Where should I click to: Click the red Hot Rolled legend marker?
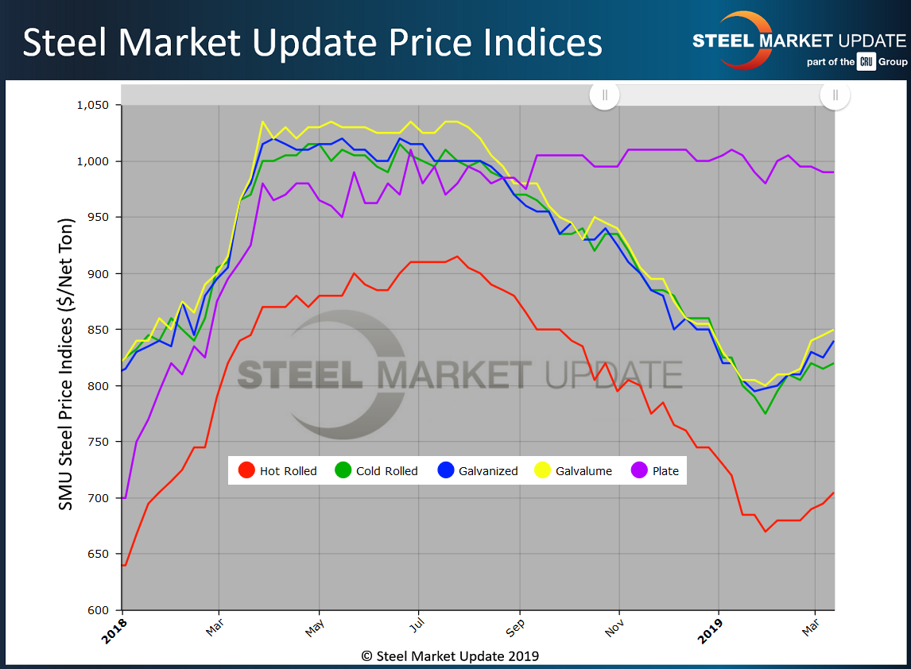pyautogui.click(x=247, y=470)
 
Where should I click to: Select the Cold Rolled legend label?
pyautogui.click(x=386, y=471)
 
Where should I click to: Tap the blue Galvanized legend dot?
pyautogui.click(x=446, y=470)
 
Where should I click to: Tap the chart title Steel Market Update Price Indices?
pyautogui.click(x=312, y=43)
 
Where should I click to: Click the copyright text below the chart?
pyautogui.click(x=450, y=655)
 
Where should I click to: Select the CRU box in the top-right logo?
pyautogui.click(x=866, y=61)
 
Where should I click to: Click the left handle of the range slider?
pyautogui.click(x=605, y=95)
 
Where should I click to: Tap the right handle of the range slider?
pyautogui.click(x=835, y=95)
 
